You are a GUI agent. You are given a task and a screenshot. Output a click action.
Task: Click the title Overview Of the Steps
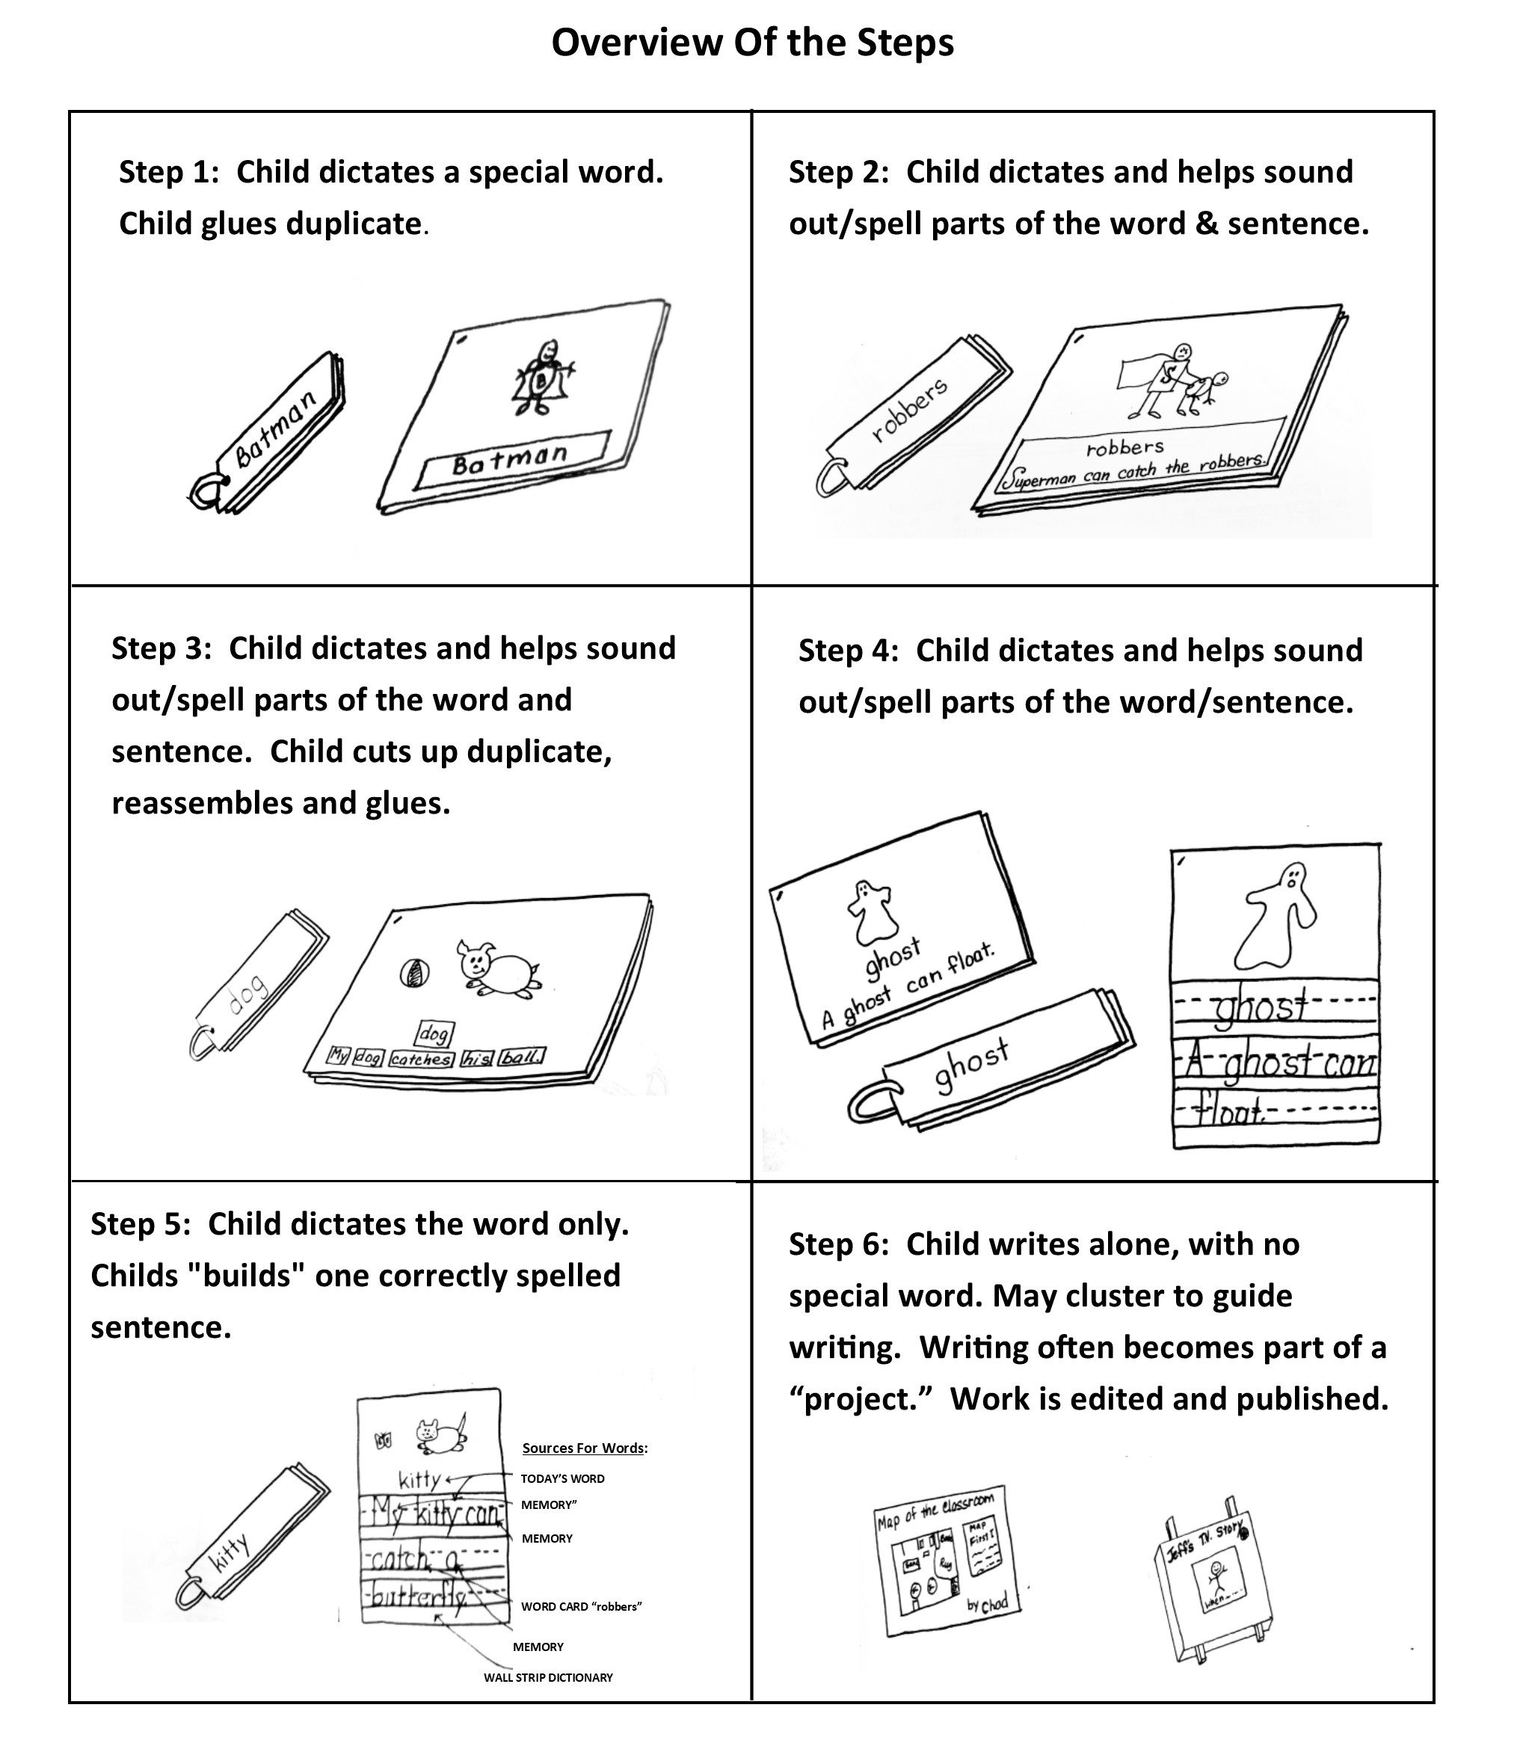pos(752,43)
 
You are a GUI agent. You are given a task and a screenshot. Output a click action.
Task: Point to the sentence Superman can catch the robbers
pos(1133,470)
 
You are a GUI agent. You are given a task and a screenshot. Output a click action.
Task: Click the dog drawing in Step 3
pos(499,968)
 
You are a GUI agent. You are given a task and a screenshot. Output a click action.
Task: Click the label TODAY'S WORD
pos(563,1478)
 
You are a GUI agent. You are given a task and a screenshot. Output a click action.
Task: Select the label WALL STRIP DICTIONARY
pos(548,1677)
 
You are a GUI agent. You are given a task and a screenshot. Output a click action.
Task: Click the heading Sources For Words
pos(585,1448)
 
